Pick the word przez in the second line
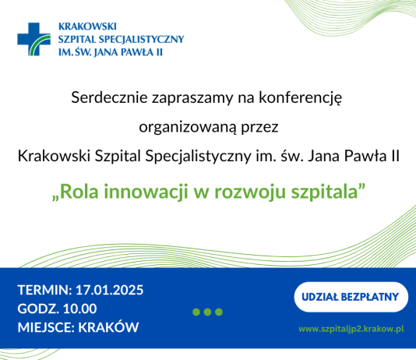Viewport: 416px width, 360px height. [x=260, y=127]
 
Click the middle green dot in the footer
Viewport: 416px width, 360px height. [x=208, y=312]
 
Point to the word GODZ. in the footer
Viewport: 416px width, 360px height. [x=35, y=309]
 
